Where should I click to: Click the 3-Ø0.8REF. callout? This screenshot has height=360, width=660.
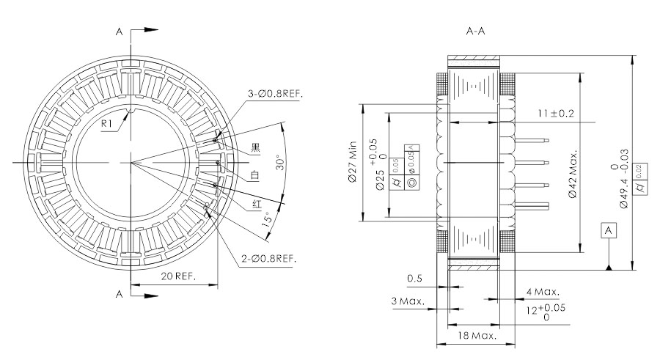[x=276, y=94]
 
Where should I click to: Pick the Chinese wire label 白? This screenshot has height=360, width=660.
[x=255, y=176]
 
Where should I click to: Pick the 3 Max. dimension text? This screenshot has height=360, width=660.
[x=409, y=301]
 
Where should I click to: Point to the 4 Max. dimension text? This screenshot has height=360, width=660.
[x=543, y=291]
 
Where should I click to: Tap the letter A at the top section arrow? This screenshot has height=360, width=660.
[x=119, y=32]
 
